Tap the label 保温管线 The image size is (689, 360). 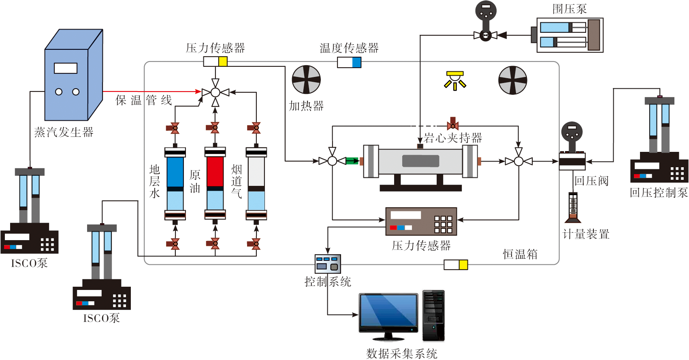[144, 100]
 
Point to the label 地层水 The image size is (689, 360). [154, 181]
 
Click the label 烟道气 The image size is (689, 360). [237, 181]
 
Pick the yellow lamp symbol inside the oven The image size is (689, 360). [455, 80]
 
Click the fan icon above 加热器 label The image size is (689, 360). [306, 80]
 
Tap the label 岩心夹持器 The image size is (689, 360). [453, 138]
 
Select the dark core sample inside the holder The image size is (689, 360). [420, 161]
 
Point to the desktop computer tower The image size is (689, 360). [433, 316]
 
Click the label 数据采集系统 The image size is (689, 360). [402, 354]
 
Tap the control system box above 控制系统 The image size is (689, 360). [328, 264]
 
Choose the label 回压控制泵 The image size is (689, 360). [659, 192]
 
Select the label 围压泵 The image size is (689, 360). [569, 9]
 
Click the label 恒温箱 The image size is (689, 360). [520, 254]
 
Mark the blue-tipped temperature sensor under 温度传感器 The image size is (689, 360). [349, 62]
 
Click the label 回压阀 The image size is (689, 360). [591, 181]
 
